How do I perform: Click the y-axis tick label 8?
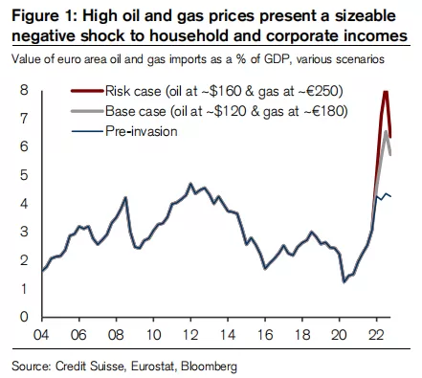point(24,90)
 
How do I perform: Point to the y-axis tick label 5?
point(24,175)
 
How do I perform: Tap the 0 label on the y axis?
point(24,317)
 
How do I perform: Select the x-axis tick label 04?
point(41,335)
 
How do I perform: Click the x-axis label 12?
point(190,335)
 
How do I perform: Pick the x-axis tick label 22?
point(376,335)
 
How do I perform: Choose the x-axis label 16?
point(265,335)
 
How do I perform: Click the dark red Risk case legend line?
point(87,91)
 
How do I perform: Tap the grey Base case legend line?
point(87,111)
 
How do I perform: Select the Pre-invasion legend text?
point(142,131)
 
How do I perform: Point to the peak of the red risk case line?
point(386,92)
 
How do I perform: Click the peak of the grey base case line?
point(386,131)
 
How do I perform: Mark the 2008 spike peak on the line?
point(125,197)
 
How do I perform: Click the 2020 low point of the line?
point(344,281)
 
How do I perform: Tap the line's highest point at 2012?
point(190,184)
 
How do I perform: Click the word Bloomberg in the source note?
point(209,367)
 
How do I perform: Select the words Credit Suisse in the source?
point(89,367)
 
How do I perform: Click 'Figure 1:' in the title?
point(44,16)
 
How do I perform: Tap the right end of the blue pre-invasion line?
point(390,196)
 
